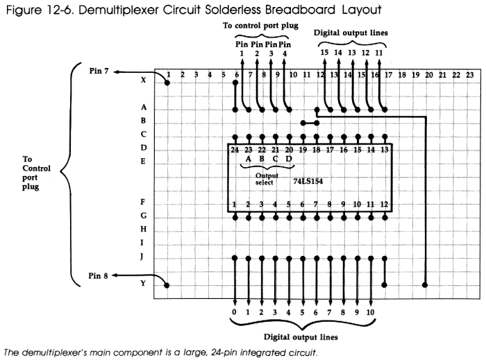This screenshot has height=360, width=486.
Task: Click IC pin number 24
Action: tap(235, 149)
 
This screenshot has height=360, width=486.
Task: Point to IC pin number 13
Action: tap(384, 149)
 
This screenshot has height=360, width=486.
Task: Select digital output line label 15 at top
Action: tap(323, 51)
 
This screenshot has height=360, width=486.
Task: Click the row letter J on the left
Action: tap(142, 257)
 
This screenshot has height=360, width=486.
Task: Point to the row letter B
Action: tap(142, 121)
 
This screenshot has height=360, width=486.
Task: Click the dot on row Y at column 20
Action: tap(424, 285)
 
